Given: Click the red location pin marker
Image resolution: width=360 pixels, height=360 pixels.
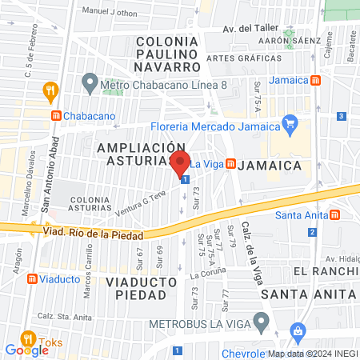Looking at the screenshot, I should pos(180,162).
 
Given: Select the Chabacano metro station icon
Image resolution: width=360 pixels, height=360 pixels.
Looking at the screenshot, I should pos(58,115).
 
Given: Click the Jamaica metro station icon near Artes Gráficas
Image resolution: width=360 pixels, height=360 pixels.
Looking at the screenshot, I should pos(316,80).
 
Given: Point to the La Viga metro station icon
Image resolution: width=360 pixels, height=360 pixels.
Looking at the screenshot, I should pos(230,164).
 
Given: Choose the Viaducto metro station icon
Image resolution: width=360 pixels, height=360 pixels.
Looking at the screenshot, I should pos(33,279).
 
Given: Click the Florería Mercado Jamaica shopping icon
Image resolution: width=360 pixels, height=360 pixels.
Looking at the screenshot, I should pos(289,124).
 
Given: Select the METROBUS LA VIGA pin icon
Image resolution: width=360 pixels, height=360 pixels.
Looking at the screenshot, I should pos(260,322).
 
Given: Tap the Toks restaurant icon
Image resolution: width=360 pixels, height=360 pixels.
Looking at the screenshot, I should pos(28,338).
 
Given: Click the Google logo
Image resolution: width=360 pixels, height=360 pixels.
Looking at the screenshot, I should pos(27,350).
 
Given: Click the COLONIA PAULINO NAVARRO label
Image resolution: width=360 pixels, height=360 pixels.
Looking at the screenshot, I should pos(166,54).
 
